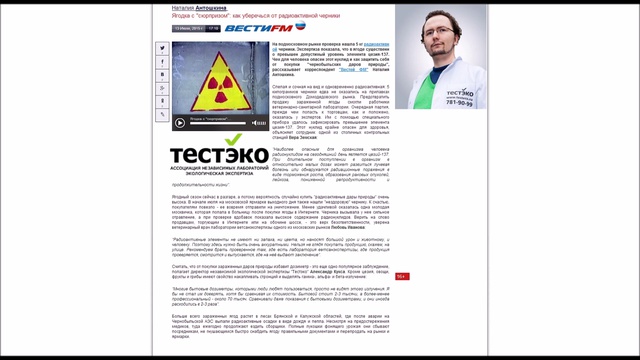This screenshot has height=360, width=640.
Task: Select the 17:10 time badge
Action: point(213,29)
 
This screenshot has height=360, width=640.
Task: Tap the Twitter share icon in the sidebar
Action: point(161,62)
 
